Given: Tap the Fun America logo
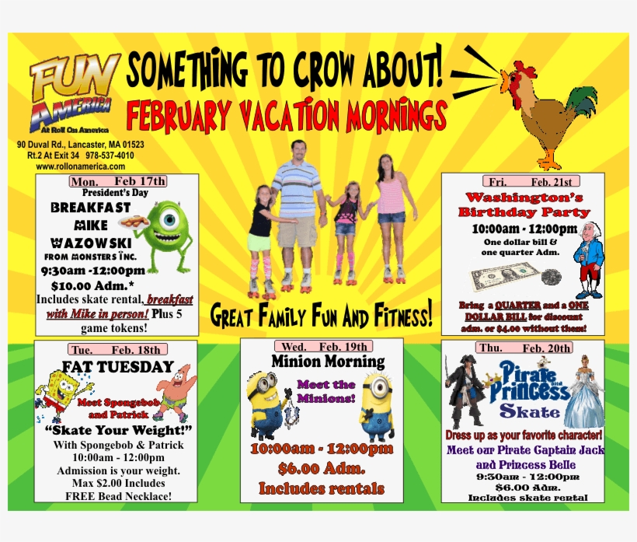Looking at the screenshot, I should (74, 89).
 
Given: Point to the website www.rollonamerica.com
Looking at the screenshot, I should (80, 166).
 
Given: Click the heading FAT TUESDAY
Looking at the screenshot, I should (118, 365).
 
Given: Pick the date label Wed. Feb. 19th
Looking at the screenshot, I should (321, 346).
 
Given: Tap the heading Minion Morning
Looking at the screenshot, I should (327, 362).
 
